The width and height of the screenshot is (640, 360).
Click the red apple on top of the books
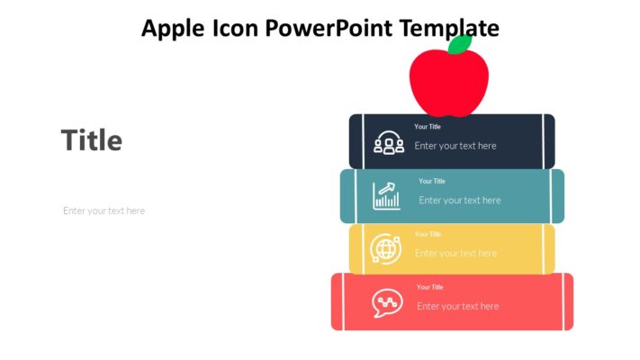pos(448,83)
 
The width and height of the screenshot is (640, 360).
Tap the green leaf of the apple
pos(460,45)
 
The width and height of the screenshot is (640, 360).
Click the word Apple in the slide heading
pos(174,29)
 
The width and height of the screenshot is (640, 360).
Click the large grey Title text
pos(92,140)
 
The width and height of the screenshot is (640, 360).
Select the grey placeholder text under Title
pos(104,211)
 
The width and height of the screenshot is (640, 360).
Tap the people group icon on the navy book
pos(389,143)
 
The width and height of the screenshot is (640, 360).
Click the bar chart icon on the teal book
pos(387,195)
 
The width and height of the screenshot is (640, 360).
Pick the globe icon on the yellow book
pos(385,248)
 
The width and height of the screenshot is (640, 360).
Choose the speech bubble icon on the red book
pos(387,302)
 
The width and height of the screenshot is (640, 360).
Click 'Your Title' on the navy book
pos(428,127)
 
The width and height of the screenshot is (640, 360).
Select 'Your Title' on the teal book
pos(432,181)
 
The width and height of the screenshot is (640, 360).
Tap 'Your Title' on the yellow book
pos(428,234)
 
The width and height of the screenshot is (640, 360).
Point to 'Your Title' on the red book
pos(430,287)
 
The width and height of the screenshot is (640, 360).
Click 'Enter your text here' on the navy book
pos(455,146)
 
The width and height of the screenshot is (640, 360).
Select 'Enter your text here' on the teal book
pos(460,200)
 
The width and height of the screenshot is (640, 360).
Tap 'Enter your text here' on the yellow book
pos(455,253)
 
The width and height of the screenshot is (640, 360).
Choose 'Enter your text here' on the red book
pos(458,306)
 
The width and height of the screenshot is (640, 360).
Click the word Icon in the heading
pos(237,29)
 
